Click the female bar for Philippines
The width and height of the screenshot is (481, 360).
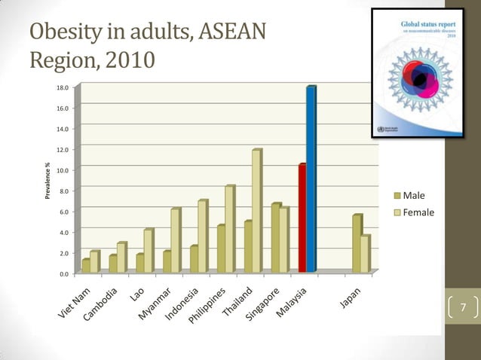pos(229,229)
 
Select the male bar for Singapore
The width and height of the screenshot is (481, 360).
pos(275,237)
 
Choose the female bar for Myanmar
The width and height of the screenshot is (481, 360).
pos(175,240)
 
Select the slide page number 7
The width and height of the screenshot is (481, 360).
pos(463,307)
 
